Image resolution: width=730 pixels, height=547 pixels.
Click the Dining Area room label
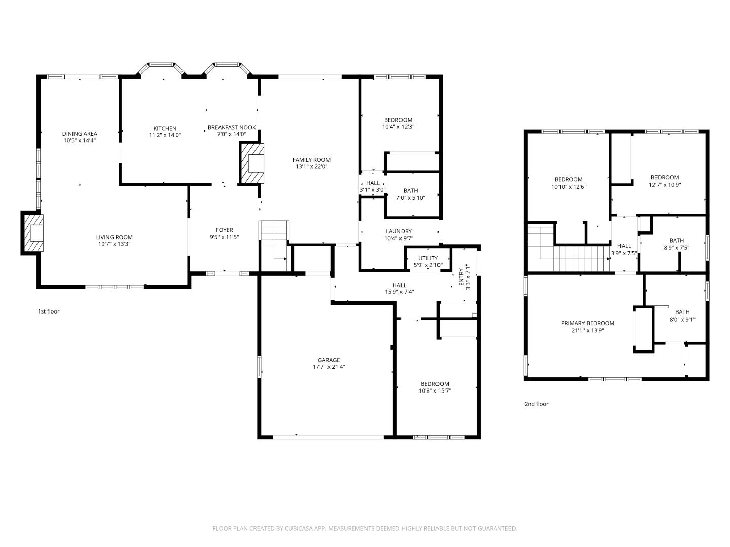(x=80, y=134)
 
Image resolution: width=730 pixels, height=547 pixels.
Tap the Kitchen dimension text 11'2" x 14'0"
(x=165, y=135)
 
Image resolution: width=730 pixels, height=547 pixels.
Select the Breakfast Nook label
(x=232, y=127)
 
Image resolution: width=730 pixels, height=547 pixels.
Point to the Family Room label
(x=311, y=160)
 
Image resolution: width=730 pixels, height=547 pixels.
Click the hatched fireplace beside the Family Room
(x=252, y=164)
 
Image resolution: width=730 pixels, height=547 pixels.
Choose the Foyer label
(x=224, y=230)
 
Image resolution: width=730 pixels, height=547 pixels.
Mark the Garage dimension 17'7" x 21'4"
(x=328, y=367)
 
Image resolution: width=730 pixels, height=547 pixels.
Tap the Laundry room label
(x=398, y=231)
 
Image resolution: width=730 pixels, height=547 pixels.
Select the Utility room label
(x=428, y=258)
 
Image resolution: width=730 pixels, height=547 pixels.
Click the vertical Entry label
(x=461, y=278)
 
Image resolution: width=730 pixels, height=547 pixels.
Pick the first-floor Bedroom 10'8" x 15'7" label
(x=434, y=384)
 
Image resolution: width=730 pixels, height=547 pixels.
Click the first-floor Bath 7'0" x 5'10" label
(x=411, y=191)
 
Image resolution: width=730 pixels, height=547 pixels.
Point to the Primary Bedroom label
(x=588, y=323)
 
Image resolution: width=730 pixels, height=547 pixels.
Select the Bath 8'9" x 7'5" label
(x=676, y=241)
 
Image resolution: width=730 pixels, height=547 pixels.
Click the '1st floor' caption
(x=49, y=311)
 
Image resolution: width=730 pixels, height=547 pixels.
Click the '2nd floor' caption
(x=536, y=404)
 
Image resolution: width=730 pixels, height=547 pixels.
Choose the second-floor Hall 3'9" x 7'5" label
(x=624, y=246)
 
